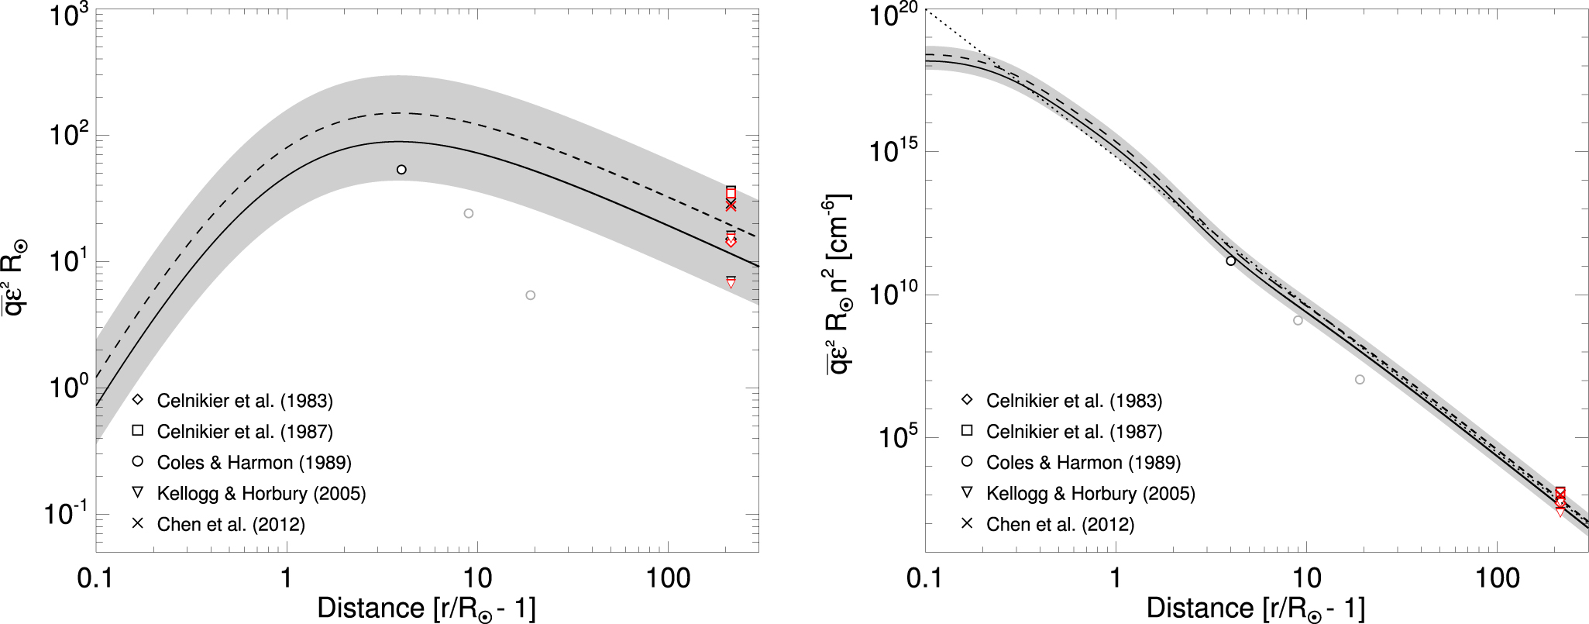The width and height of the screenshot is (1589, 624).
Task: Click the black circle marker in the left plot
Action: point(401,170)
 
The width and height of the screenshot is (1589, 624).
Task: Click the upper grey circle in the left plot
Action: point(468,213)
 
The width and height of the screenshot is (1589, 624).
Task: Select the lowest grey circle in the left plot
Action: point(530,295)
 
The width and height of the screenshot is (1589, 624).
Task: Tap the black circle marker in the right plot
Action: point(1231,261)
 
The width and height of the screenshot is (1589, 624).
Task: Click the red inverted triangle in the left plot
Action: point(731,284)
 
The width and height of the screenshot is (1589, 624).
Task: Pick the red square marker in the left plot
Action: point(731,192)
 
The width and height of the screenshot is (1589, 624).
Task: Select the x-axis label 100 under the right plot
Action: point(1497,577)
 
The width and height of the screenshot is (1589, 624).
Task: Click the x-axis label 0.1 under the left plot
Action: point(96,577)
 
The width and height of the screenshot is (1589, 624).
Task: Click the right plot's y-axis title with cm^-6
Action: point(837,283)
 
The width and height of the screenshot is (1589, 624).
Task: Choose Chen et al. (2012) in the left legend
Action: point(231,525)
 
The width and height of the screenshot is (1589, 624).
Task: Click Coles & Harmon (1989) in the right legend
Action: point(1083,463)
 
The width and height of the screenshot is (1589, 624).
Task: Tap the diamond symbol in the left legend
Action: point(138,400)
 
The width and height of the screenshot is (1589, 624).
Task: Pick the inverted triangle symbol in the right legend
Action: point(967,492)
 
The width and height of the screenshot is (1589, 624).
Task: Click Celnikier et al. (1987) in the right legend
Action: point(1074,432)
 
